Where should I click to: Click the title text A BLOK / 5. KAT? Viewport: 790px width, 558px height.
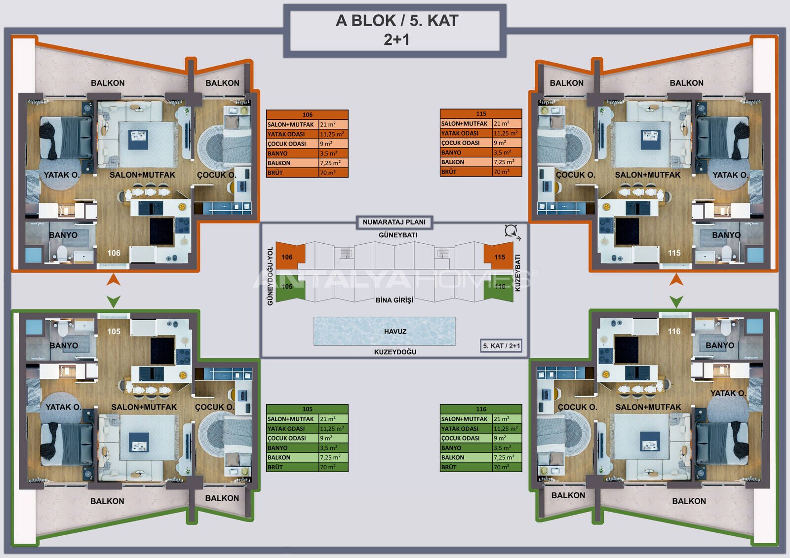(x=397, y=21)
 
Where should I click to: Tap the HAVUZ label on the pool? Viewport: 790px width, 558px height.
(x=395, y=332)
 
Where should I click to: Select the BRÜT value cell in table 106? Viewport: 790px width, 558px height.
(x=333, y=173)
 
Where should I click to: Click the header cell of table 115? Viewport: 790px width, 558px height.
(x=481, y=114)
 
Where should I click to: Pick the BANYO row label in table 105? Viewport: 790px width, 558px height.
(x=292, y=447)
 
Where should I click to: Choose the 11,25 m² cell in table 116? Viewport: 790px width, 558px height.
(x=507, y=429)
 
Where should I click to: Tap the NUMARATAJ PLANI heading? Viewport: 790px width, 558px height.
(x=394, y=222)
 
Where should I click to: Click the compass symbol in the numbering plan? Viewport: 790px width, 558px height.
(x=512, y=232)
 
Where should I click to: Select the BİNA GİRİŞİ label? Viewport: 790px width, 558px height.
(x=395, y=300)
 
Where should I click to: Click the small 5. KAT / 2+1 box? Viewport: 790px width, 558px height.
(x=501, y=346)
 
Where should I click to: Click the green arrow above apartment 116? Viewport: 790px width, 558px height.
(x=676, y=302)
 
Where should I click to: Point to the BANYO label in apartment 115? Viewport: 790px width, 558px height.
(x=726, y=235)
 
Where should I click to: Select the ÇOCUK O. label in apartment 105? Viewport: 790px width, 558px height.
(x=215, y=407)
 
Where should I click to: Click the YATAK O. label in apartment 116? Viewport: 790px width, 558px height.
(x=728, y=393)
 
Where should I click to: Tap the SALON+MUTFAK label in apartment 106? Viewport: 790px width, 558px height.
(x=142, y=175)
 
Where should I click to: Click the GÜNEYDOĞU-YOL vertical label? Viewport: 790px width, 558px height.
(x=270, y=276)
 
